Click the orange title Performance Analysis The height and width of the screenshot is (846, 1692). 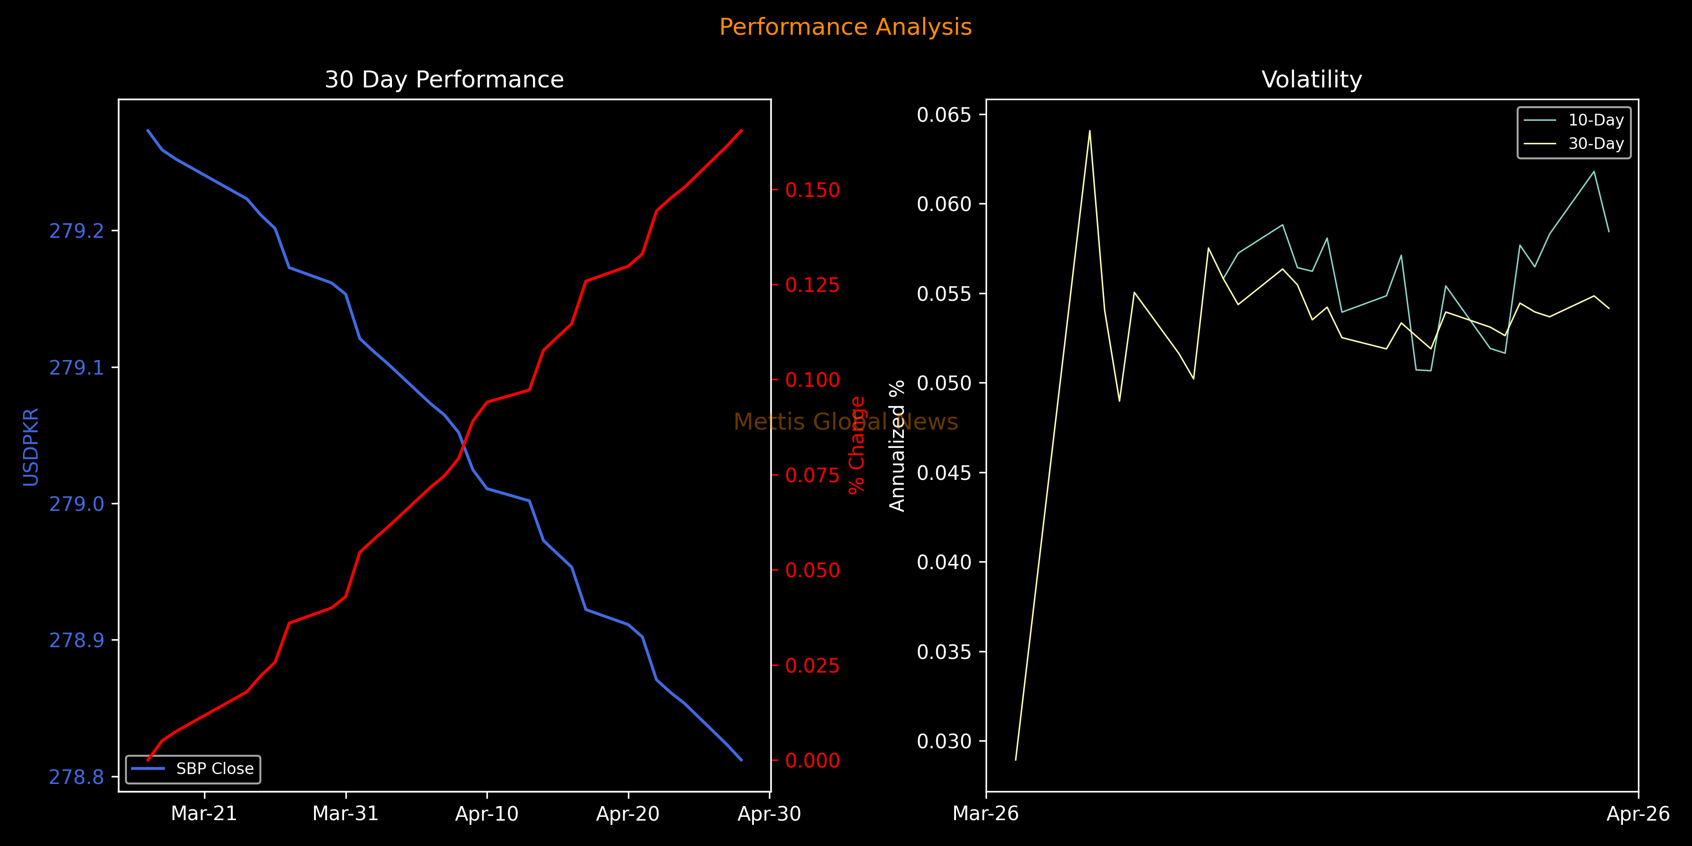(846, 27)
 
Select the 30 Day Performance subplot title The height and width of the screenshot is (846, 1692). (444, 79)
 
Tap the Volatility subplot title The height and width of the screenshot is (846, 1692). (1312, 79)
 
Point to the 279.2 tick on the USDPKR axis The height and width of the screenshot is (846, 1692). (76, 231)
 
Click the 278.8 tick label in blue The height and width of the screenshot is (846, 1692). (76, 777)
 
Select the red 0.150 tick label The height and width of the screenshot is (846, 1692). (813, 190)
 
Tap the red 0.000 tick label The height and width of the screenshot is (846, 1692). (813, 760)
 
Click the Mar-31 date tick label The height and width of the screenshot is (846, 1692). (345, 814)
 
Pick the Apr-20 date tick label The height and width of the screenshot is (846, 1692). (628, 814)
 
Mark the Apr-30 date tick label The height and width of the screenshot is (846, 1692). (769, 814)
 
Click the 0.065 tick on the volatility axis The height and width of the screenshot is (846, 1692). (943, 115)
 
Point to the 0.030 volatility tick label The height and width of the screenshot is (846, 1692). (943, 742)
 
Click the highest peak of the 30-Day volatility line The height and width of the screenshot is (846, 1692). (1089, 131)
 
